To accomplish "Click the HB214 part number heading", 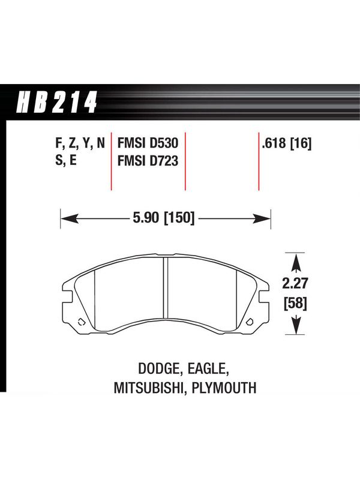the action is tap(57, 102).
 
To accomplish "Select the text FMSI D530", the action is tap(148, 143).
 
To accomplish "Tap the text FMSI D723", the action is tap(148, 161).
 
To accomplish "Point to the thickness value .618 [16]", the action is tap(287, 143).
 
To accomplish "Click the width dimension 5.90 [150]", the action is tap(164, 218).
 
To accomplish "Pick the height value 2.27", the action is tap(295, 283).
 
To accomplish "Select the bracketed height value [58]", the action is tap(295, 304).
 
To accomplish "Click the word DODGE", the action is tap(158, 369).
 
